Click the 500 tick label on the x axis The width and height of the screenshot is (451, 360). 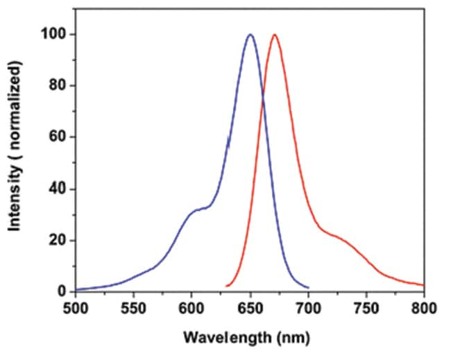pos(76,307)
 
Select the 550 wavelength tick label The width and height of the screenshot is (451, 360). pos(133,307)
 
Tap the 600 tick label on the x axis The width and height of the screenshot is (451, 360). pos(192,307)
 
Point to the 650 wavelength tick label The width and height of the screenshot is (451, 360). pos(250,307)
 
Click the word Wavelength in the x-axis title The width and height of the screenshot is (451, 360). pos(221,338)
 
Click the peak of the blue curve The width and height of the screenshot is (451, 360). pos(250,35)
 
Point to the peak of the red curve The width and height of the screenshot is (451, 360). pos(275,35)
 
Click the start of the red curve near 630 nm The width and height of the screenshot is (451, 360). pos(226,286)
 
